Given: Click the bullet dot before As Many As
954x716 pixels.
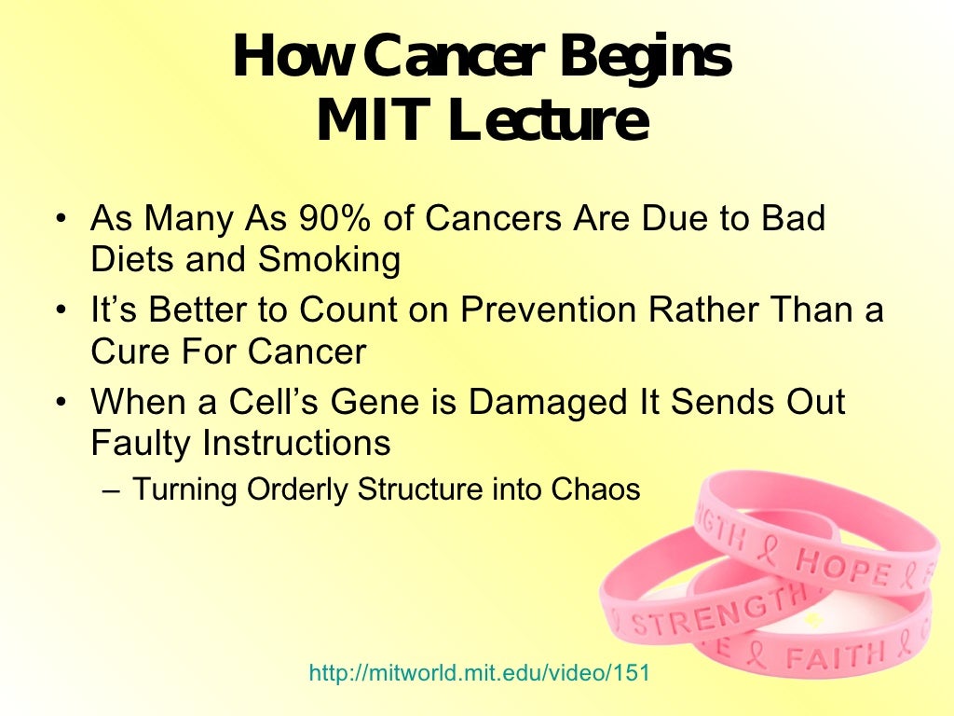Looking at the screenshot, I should pyautogui.click(x=61, y=221).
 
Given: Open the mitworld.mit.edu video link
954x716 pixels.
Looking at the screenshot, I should pyautogui.click(x=478, y=672).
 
